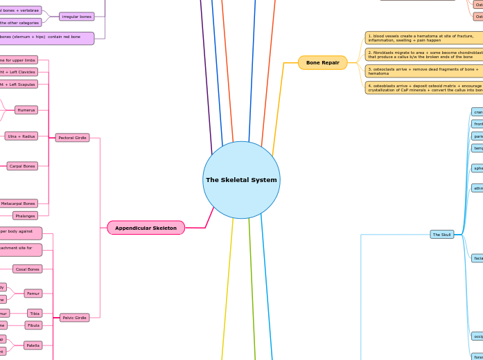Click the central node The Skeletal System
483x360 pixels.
pos(241,180)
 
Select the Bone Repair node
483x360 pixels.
pos(322,63)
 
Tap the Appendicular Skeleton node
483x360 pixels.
pos(146,228)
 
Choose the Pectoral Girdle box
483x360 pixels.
pos(72,138)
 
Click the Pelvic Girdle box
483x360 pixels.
pos(74,318)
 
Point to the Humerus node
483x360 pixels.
pos(26,110)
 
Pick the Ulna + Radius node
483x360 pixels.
pos(21,136)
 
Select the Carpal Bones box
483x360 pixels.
pos(22,166)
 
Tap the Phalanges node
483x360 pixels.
pos(25,215)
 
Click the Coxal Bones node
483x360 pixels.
pos(28,269)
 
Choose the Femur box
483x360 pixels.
pos(33,294)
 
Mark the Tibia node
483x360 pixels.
pos(35,314)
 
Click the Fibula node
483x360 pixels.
pos(33,325)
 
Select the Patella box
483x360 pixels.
pos(33,345)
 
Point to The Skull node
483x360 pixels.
pos(442,235)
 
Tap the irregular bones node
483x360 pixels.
pos(76,16)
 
